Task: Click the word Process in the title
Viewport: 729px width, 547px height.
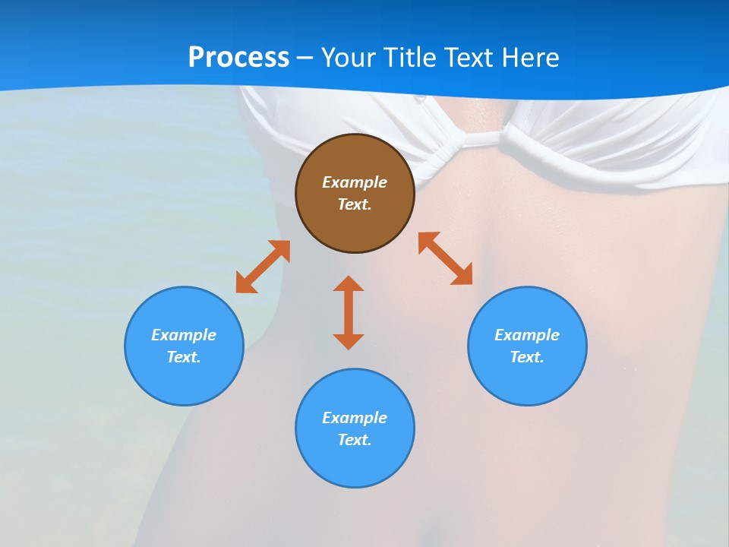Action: [x=238, y=58]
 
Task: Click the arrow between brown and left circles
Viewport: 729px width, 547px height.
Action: [x=263, y=267]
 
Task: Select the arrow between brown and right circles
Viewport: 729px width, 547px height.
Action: [x=446, y=258]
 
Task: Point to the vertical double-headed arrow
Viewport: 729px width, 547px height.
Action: [x=349, y=312]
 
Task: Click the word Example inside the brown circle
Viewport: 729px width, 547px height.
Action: [x=355, y=182]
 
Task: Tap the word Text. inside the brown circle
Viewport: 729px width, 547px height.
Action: [x=355, y=204]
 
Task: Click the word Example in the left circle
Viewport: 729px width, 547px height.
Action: [x=184, y=335]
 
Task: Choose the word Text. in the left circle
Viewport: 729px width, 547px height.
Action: [x=184, y=357]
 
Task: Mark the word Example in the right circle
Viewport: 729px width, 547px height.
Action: [x=527, y=335]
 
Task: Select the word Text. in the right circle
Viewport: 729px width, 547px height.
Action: [x=527, y=357]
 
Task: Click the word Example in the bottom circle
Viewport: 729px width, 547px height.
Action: [x=355, y=418]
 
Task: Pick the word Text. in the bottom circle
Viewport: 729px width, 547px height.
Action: [x=355, y=440]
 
